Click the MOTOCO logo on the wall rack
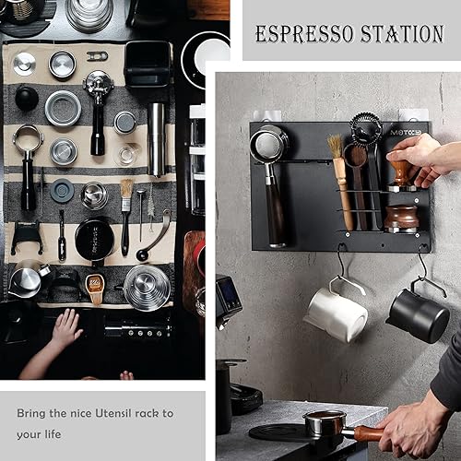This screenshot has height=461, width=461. pos(403,132)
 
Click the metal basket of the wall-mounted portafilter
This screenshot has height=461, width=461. pos(269,145)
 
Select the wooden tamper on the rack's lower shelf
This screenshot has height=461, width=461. pos(402,217)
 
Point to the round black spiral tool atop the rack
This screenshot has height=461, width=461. pos(365,128)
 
